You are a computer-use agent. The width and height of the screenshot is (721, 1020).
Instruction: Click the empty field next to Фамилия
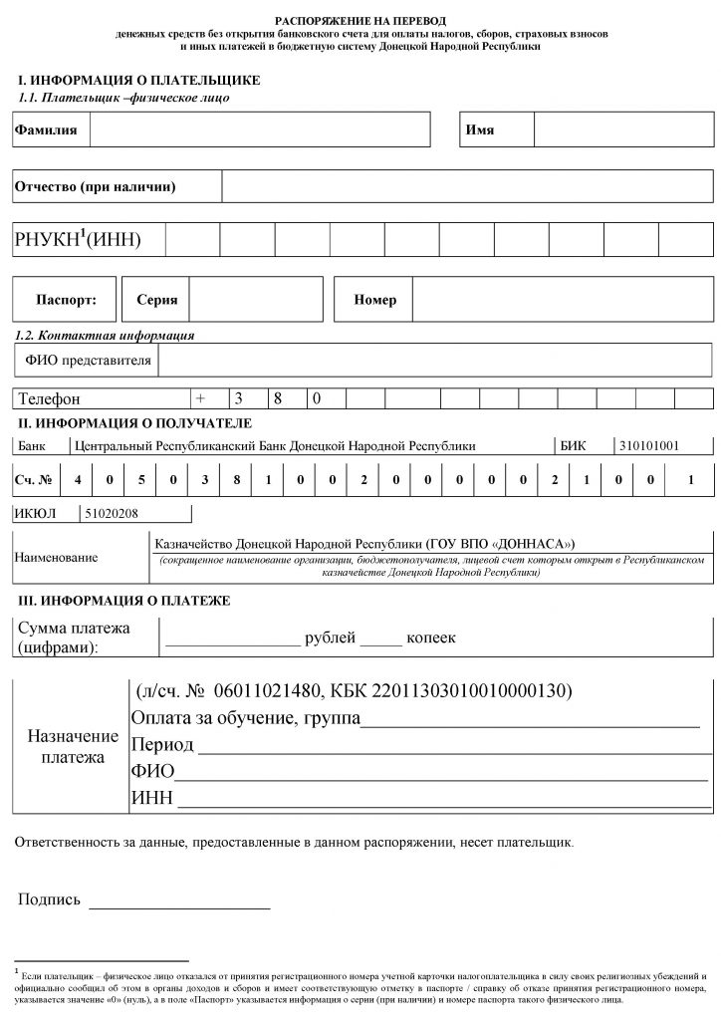260,130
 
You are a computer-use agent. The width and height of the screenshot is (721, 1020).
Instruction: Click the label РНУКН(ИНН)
78,239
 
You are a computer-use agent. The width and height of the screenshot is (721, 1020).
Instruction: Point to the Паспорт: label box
66,299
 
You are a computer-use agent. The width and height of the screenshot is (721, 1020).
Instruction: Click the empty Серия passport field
257,299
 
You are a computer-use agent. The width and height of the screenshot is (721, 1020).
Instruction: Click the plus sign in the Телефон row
200,398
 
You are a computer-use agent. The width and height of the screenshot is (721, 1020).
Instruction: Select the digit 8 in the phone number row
280,398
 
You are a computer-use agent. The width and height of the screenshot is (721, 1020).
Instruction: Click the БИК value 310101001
648,446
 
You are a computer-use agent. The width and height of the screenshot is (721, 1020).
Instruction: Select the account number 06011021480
263,691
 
